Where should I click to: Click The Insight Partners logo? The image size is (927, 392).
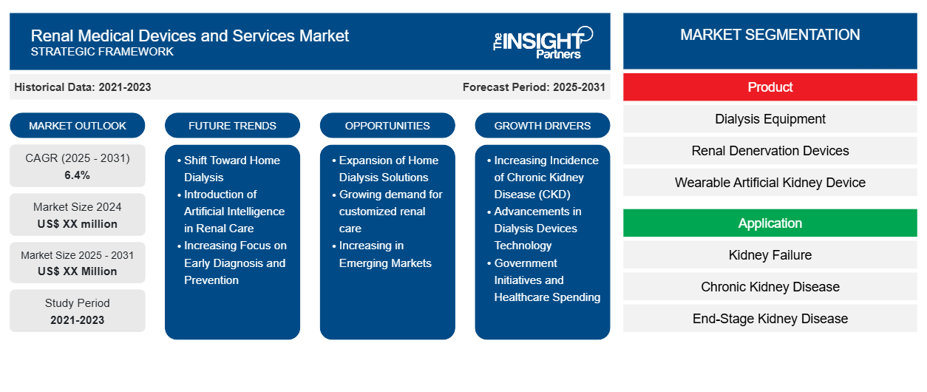point(543,42)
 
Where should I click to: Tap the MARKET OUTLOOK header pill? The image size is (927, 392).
point(78,126)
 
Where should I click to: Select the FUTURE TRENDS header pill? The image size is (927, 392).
point(232,126)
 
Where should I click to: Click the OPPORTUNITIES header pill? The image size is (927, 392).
point(387,126)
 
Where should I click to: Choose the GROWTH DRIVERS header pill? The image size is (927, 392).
point(543,126)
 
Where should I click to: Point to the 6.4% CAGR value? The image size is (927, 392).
point(78,175)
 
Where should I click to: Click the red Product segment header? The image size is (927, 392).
point(770,87)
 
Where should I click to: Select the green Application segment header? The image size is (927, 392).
point(770,223)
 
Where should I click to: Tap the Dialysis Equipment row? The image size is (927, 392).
point(770,119)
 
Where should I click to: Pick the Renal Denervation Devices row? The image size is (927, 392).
point(770,151)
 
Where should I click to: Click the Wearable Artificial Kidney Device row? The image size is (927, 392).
point(770,183)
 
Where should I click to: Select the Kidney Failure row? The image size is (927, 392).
point(770,255)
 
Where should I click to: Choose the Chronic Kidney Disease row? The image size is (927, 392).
point(770,287)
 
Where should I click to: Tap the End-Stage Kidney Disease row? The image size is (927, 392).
point(770,319)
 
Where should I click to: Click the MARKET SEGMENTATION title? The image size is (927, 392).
point(770,35)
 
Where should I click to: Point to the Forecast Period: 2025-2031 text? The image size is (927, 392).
point(534,87)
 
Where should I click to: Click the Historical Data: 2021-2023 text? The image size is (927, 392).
point(83,87)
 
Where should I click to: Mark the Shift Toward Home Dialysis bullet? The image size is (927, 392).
point(231,169)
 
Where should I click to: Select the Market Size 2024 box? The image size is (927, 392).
point(78,215)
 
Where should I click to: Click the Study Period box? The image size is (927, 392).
point(78,311)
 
